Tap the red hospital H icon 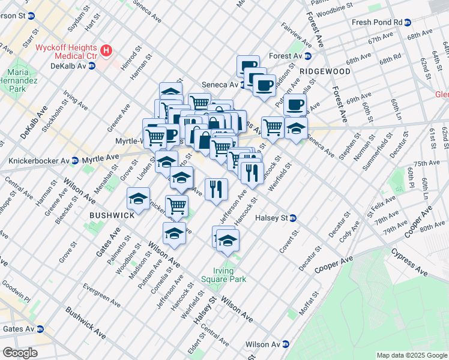[106, 51]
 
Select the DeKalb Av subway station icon [92, 66]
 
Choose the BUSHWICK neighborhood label [109, 214]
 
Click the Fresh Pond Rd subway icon [408, 22]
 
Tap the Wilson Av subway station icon [286, 345]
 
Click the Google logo [19, 353]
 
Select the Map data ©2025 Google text [411, 355]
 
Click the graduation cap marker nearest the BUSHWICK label [138, 199]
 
